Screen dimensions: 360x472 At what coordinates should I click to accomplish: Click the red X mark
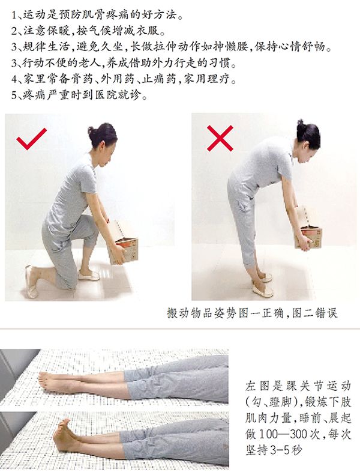220,138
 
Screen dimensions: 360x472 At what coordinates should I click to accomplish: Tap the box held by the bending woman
309,232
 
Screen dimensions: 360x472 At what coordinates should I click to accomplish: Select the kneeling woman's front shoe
89,275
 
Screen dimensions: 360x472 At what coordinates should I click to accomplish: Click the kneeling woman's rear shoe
31,282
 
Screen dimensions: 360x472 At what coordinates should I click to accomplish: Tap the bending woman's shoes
262,285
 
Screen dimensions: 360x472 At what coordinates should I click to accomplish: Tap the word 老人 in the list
91,63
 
